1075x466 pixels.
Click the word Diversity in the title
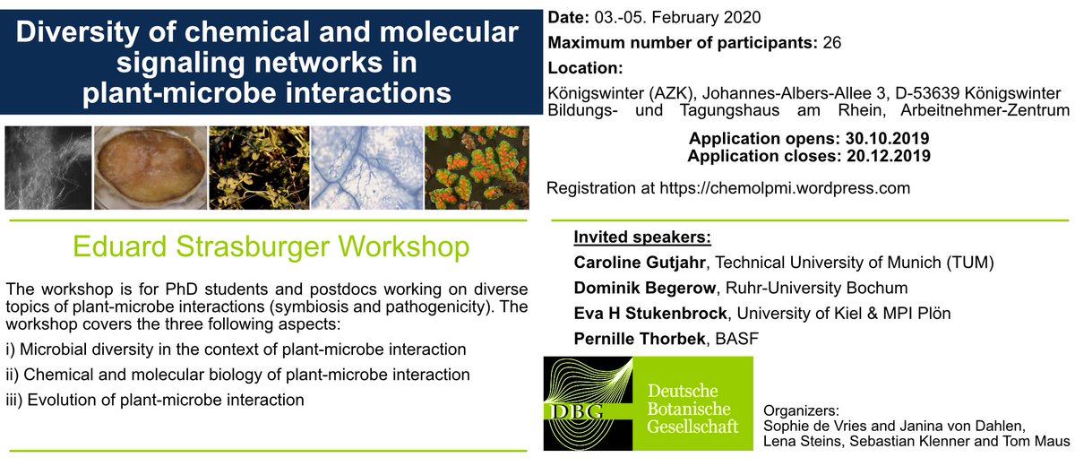(x=78, y=33)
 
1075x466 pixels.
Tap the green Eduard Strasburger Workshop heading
(x=271, y=246)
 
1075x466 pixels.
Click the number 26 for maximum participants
(x=831, y=43)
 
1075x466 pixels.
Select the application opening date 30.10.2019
(x=887, y=139)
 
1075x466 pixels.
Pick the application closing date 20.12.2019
(x=889, y=156)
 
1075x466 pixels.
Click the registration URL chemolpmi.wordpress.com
(x=785, y=188)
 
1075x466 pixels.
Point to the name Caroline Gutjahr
(x=640, y=263)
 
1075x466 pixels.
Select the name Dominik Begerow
(x=644, y=288)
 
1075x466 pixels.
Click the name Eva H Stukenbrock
(x=650, y=314)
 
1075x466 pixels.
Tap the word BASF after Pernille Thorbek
(x=737, y=339)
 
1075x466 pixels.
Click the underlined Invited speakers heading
(x=642, y=237)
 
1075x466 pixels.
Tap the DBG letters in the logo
(x=576, y=411)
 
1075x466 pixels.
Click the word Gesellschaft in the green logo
(x=692, y=427)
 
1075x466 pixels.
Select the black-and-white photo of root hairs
(x=48, y=168)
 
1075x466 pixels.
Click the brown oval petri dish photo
(x=150, y=168)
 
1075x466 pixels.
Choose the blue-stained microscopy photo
(x=367, y=168)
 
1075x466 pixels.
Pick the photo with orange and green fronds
(x=477, y=168)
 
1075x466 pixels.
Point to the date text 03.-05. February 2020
(x=677, y=18)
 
